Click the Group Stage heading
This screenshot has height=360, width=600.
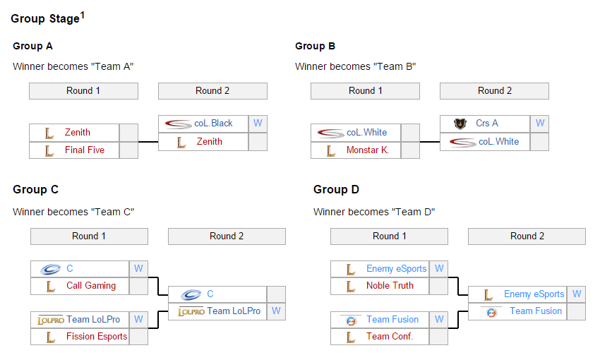(x=44, y=19)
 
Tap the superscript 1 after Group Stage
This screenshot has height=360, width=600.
(x=82, y=15)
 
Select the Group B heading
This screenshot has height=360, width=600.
(x=315, y=46)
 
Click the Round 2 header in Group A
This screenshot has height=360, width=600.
(x=212, y=90)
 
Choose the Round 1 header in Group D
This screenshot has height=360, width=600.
(x=389, y=236)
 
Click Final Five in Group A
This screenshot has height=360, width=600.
(x=85, y=150)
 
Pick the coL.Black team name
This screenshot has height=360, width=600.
(x=213, y=123)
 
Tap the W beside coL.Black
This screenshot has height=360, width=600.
(x=258, y=123)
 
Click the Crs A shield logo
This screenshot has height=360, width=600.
(x=461, y=124)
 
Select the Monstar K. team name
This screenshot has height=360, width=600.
(x=368, y=150)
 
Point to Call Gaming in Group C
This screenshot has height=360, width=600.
(x=91, y=285)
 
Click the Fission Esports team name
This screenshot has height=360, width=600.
(x=97, y=336)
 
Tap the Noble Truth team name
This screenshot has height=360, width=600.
(x=390, y=285)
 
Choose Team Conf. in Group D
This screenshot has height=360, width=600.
(x=390, y=336)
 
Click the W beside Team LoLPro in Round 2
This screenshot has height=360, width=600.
(x=276, y=311)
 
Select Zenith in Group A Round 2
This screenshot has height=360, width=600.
(x=210, y=141)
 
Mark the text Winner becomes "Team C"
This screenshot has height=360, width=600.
(x=73, y=211)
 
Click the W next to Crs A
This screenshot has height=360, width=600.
(x=540, y=123)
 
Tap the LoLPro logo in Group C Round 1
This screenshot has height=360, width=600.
(x=52, y=320)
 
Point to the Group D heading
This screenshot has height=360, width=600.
(x=336, y=189)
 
